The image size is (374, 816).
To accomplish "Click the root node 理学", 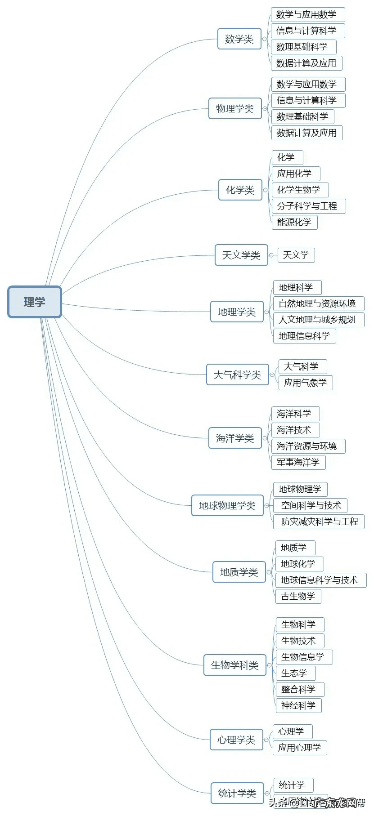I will click(35, 302).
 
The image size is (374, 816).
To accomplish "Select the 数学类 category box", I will click(239, 39).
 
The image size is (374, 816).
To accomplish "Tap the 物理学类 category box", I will click(235, 108).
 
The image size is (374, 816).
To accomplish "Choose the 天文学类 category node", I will click(241, 255).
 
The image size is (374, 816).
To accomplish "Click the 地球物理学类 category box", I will click(227, 506).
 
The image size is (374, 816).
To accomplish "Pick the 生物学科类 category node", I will click(234, 665).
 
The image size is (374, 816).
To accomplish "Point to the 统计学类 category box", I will click(237, 794).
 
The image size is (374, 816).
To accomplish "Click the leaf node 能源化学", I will click(294, 222).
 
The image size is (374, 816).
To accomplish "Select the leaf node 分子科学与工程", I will click(307, 206).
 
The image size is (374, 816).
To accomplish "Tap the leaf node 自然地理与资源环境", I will click(317, 303).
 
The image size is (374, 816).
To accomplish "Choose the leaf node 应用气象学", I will click(305, 383).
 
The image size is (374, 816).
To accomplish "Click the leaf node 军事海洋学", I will click(298, 462).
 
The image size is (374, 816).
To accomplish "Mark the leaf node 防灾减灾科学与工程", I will click(320, 522).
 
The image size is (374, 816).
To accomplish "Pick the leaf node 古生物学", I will click(298, 596).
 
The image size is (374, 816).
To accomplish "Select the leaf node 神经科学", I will click(298, 705).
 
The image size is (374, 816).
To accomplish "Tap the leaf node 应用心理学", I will click(299, 748).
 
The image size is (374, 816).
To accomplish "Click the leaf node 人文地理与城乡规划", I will click(317, 320).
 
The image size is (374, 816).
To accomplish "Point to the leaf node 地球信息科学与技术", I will click(319, 580).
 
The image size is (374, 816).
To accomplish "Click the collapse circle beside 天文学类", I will click(271, 255).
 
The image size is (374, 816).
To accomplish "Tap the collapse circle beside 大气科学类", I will click(272, 375).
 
